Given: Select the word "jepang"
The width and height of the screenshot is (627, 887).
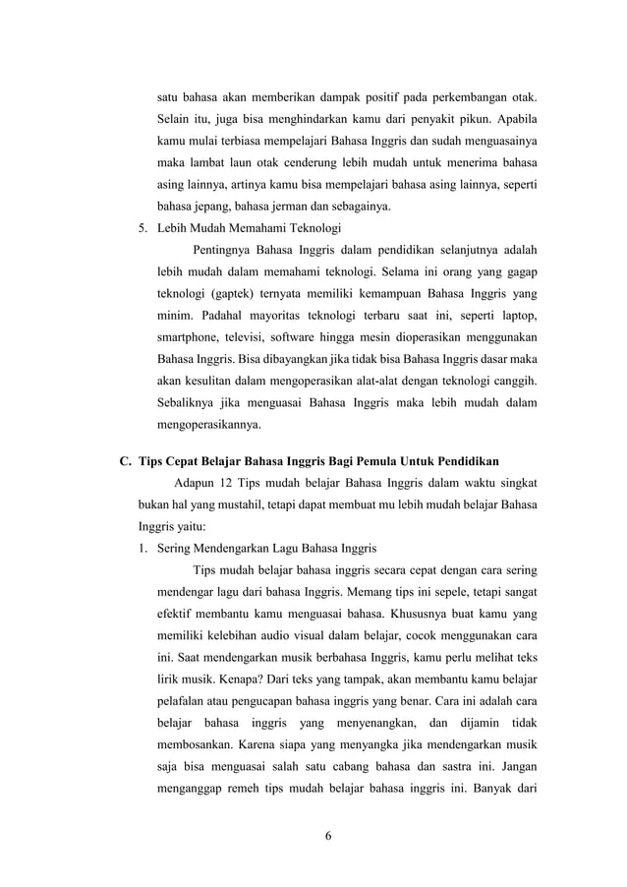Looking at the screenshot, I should click(215, 207).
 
